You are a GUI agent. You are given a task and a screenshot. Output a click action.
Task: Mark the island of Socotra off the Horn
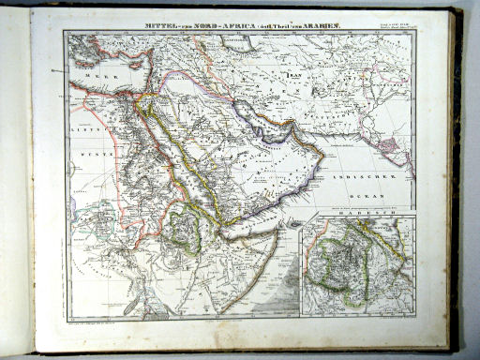(294, 224)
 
